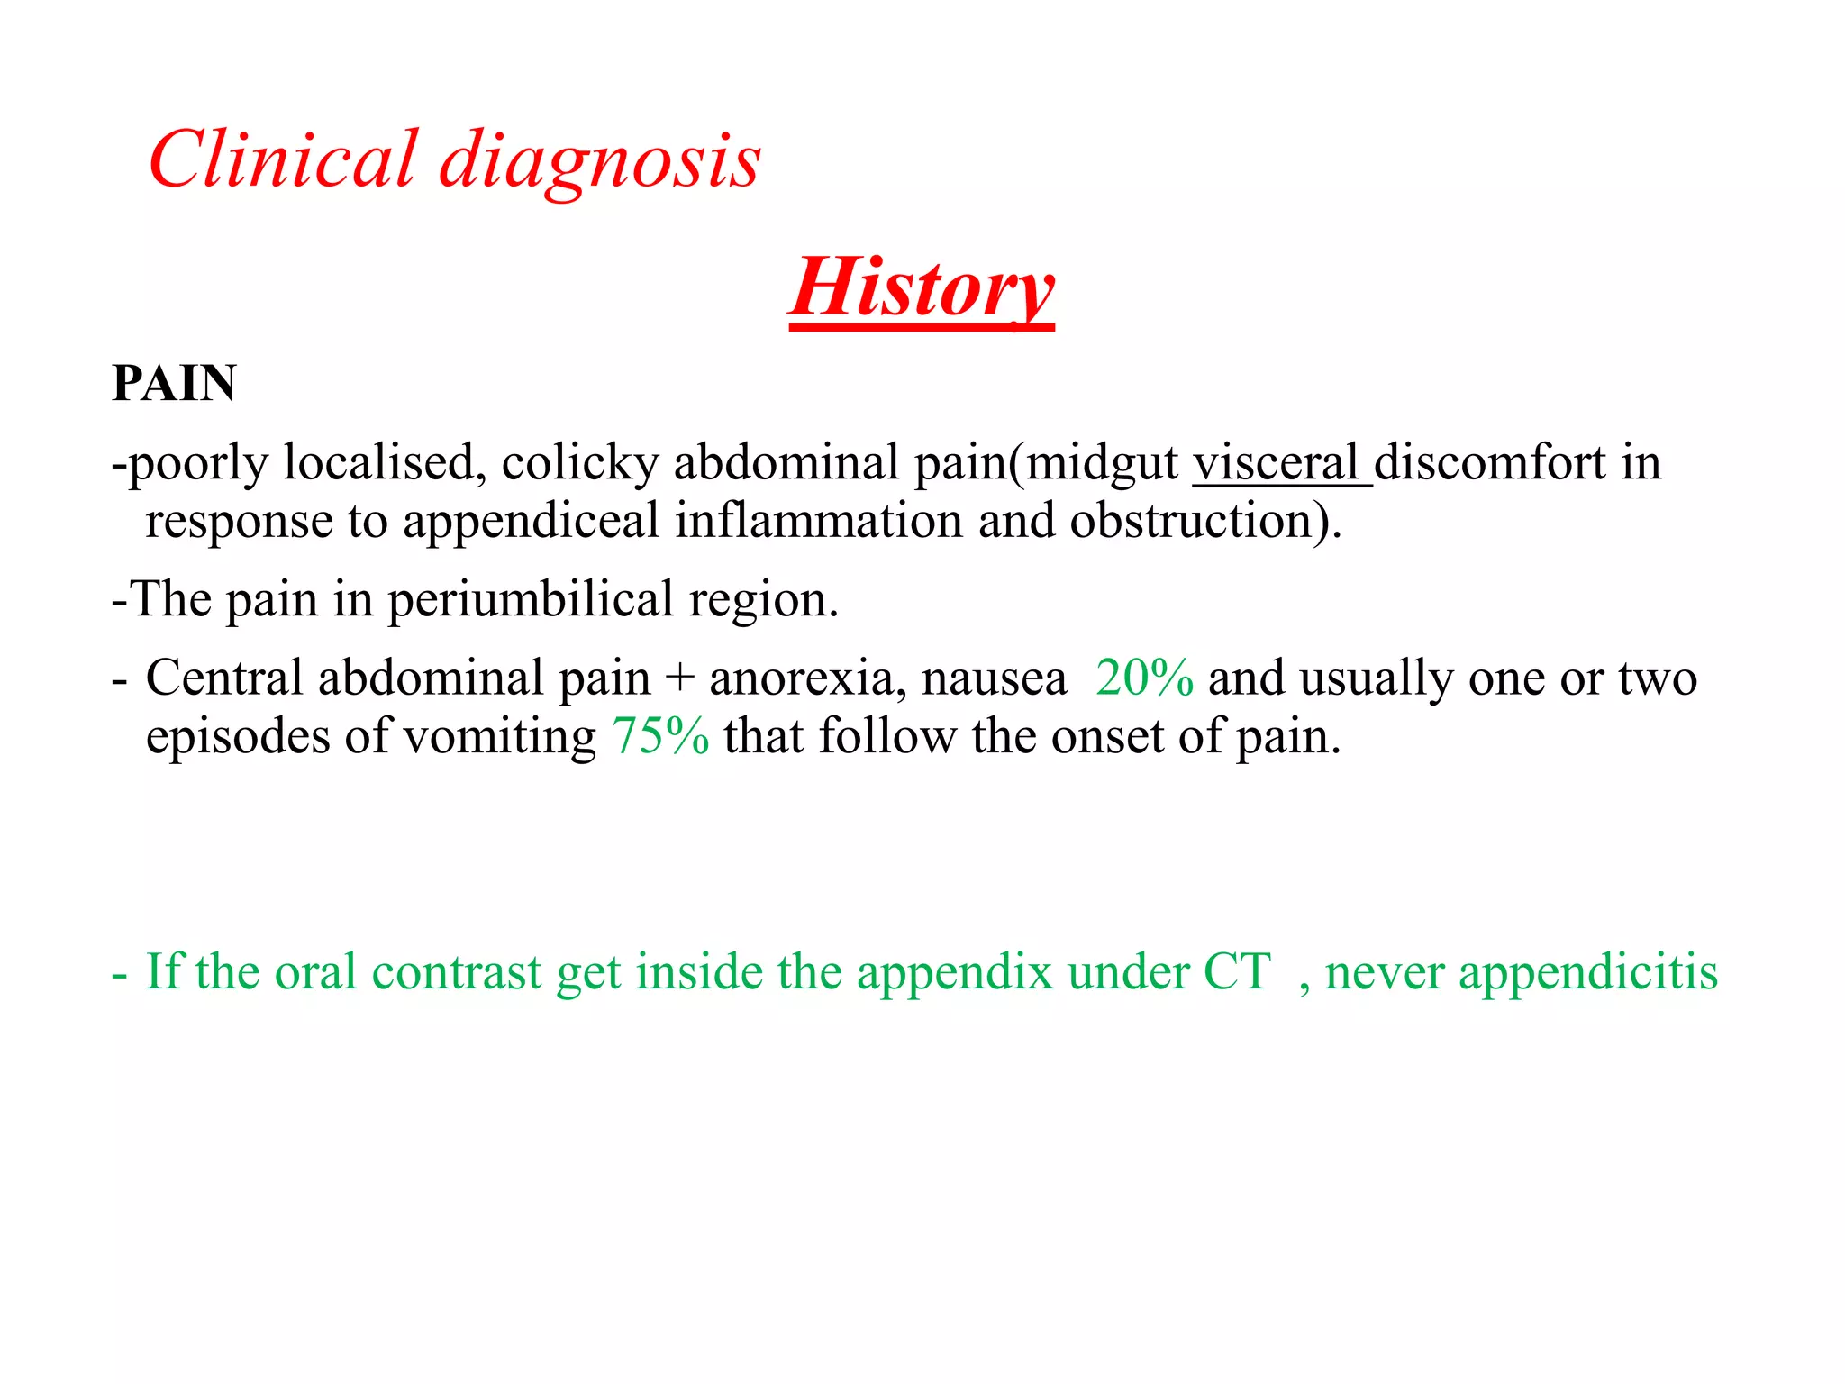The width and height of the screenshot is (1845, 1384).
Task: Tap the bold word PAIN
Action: tap(174, 383)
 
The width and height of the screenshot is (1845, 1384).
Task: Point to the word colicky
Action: tap(580, 463)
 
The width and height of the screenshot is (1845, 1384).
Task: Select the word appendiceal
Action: tap(531, 522)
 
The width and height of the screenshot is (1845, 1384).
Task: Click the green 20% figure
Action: tap(1144, 678)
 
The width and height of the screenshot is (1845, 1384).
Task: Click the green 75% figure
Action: tap(660, 736)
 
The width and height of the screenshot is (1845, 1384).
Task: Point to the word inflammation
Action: tap(819, 522)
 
